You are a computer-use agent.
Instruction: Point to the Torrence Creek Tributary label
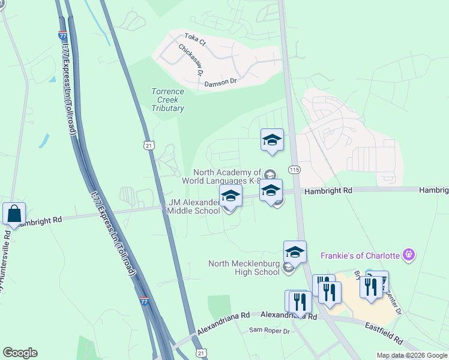[x=167, y=100]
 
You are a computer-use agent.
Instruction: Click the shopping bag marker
[x=14, y=214]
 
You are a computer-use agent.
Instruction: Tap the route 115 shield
[x=294, y=170]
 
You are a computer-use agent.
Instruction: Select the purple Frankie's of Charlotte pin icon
[x=409, y=255]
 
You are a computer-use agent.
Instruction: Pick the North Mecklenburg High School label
[x=244, y=267]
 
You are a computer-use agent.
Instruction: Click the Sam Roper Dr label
[x=270, y=331]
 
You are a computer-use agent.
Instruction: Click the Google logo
[x=20, y=353]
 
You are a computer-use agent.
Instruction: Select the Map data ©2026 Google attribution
[x=412, y=355]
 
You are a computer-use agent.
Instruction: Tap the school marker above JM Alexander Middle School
[x=231, y=196]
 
